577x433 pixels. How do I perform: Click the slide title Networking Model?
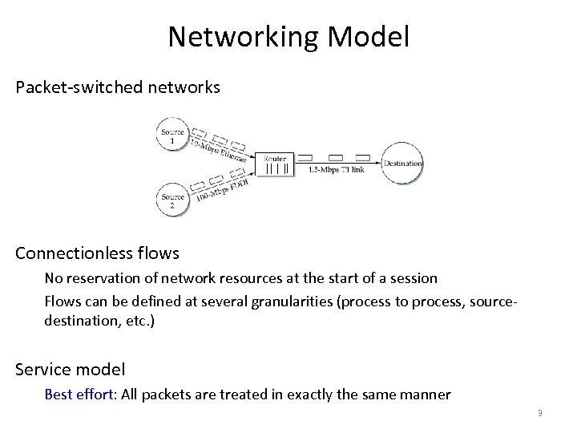[x=288, y=37]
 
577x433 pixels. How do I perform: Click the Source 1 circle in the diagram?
[x=172, y=135]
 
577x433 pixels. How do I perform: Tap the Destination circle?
[x=402, y=164]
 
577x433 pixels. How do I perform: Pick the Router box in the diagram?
[x=275, y=164]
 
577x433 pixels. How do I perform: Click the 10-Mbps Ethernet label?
[x=218, y=149]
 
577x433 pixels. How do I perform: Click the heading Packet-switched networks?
[x=117, y=87]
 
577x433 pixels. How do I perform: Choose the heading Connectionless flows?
[x=97, y=253]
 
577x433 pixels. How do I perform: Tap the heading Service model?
[x=71, y=370]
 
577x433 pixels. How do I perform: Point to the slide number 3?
[x=540, y=413]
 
